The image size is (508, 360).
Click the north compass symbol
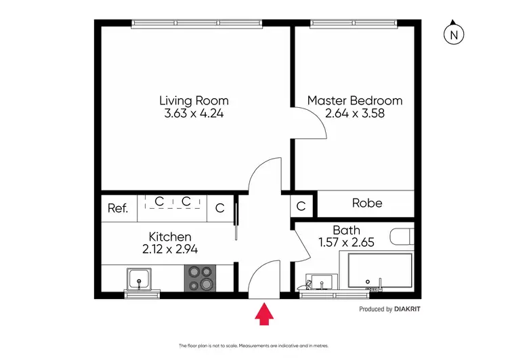[x=453, y=33]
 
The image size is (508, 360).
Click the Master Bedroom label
[x=354, y=100]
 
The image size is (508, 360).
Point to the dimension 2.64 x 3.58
[x=354, y=114]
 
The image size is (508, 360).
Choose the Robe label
[x=366, y=203]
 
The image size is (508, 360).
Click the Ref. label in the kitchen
[x=118, y=208]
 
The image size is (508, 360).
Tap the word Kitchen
[x=169, y=237]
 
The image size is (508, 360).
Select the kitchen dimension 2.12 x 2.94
[x=169, y=249]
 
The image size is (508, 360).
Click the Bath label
[x=345, y=230]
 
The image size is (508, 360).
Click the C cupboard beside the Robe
[x=301, y=204]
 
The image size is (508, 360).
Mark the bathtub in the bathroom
[x=379, y=271]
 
